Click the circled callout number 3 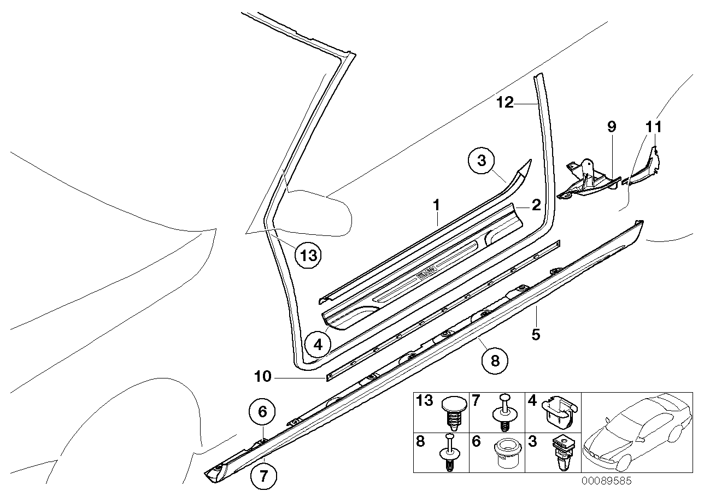tap(481, 161)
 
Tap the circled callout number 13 tap(308, 255)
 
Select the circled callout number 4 tap(318, 345)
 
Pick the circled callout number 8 tap(495, 361)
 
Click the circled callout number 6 tap(262, 411)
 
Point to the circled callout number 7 tap(263, 476)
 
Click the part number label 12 tap(505, 102)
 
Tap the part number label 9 tap(611, 127)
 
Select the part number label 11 tap(653, 127)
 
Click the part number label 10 tap(262, 376)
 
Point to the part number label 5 tap(536, 334)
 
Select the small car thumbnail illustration tap(636, 433)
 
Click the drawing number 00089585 tap(606, 481)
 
